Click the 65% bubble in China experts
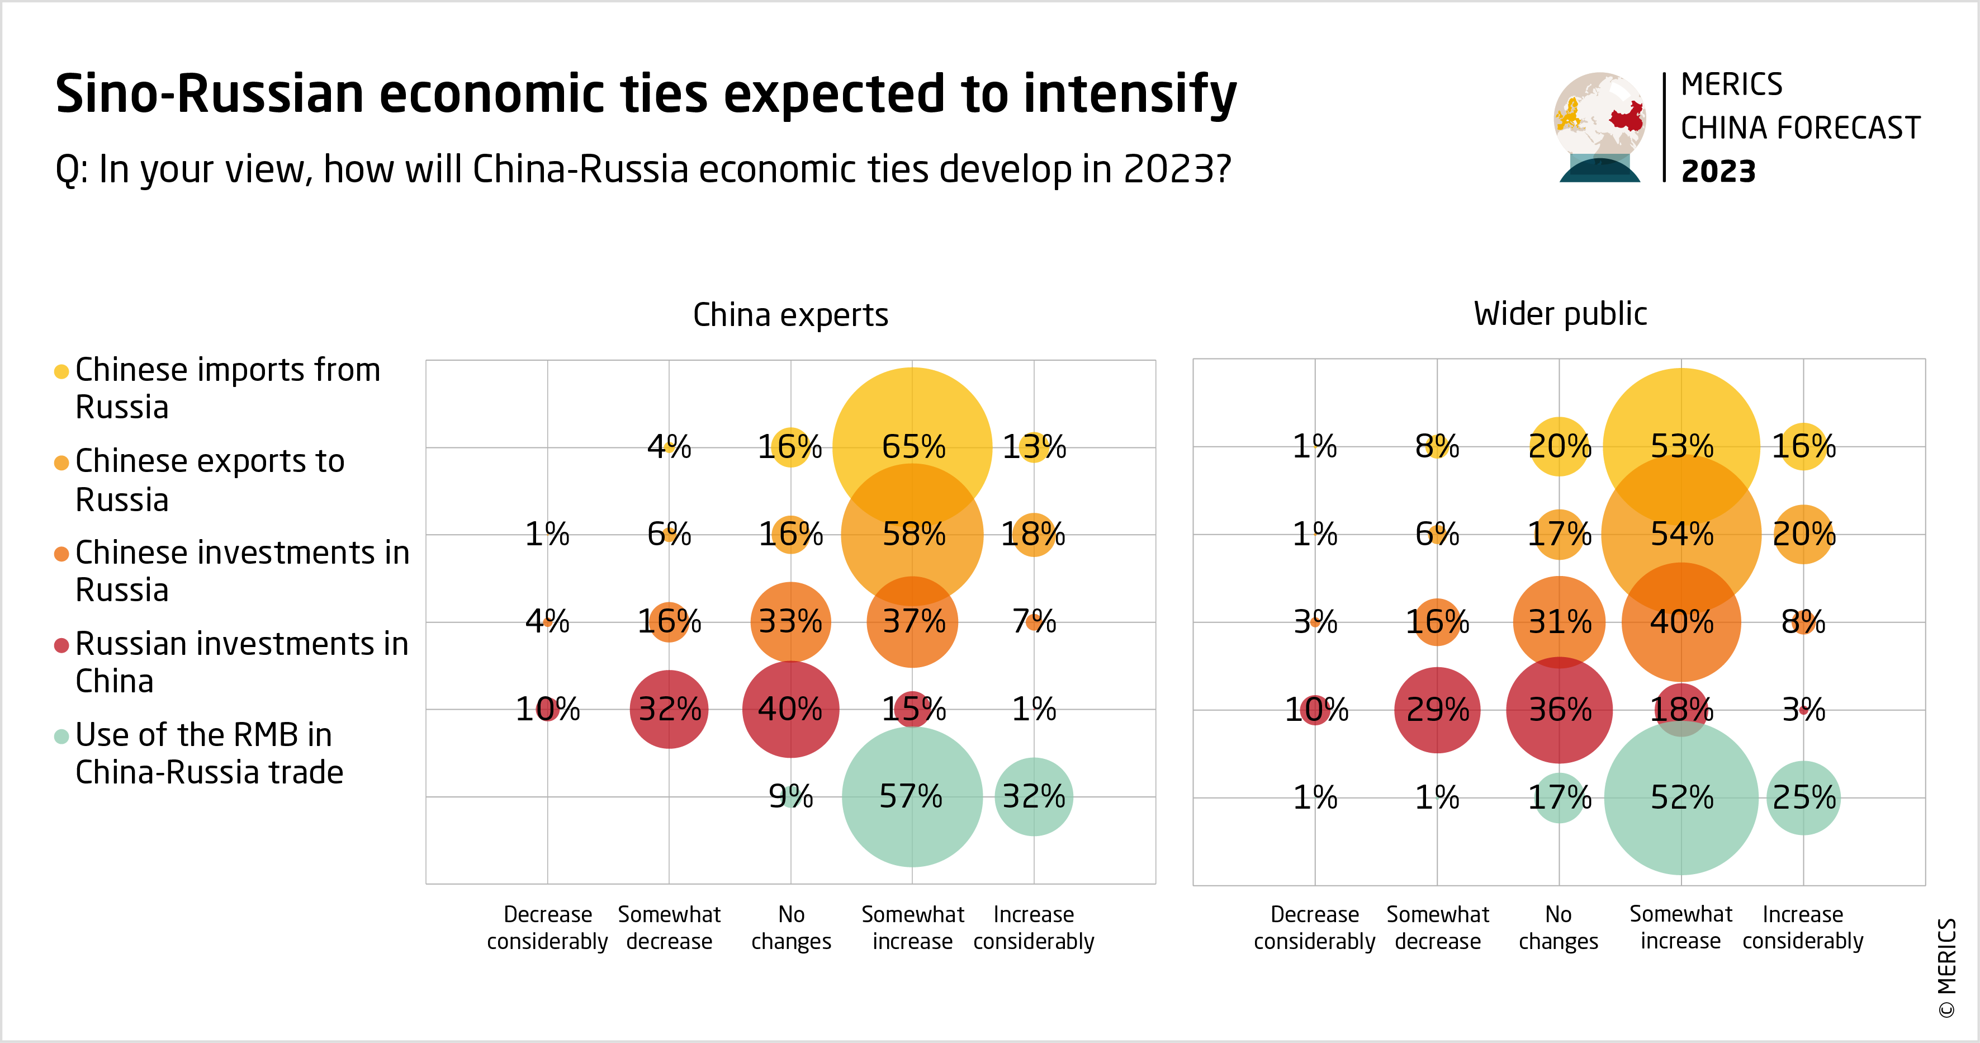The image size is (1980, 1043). [x=912, y=447]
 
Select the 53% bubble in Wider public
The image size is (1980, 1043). [x=1681, y=447]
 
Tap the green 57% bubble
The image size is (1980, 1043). [x=912, y=797]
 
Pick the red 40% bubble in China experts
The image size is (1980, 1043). [x=790, y=709]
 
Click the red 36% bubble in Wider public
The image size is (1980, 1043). [x=1559, y=709]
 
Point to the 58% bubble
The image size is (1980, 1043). [x=912, y=534]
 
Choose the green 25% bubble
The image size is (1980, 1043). [x=1803, y=797]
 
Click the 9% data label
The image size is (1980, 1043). [x=791, y=797]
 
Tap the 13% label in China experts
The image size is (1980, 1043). [x=1034, y=447]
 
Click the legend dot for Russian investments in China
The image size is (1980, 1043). [x=61, y=645]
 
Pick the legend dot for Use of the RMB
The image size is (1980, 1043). [x=61, y=736]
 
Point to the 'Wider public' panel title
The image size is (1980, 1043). [x=1560, y=314]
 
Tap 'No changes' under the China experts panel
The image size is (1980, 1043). [x=791, y=928]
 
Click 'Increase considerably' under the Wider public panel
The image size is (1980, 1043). [x=1802, y=928]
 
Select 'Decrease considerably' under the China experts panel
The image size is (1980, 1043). [x=547, y=928]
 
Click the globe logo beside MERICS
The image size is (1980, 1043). [x=1599, y=127]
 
